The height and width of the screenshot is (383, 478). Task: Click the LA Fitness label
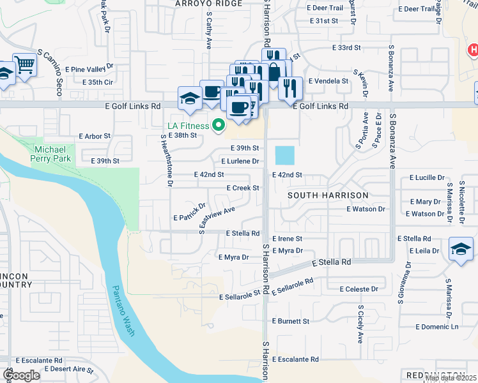[x=188, y=126]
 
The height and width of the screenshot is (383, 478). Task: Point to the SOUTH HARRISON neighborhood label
[x=328, y=195]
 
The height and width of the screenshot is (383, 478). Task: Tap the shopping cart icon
[x=24, y=64]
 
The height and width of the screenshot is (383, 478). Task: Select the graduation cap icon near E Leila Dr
[x=460, y=249]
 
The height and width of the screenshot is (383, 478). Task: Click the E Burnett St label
[x=290, y=321]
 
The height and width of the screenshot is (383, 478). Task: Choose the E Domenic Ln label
[x=437, y=327]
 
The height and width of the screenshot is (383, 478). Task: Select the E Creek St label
[x=243, y=188]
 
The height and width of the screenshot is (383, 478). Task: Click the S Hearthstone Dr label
[x=167, y=160]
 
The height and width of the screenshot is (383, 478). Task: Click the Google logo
[x=22, y=375]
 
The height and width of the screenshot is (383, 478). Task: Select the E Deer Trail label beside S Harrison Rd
[x=325, y=8]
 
